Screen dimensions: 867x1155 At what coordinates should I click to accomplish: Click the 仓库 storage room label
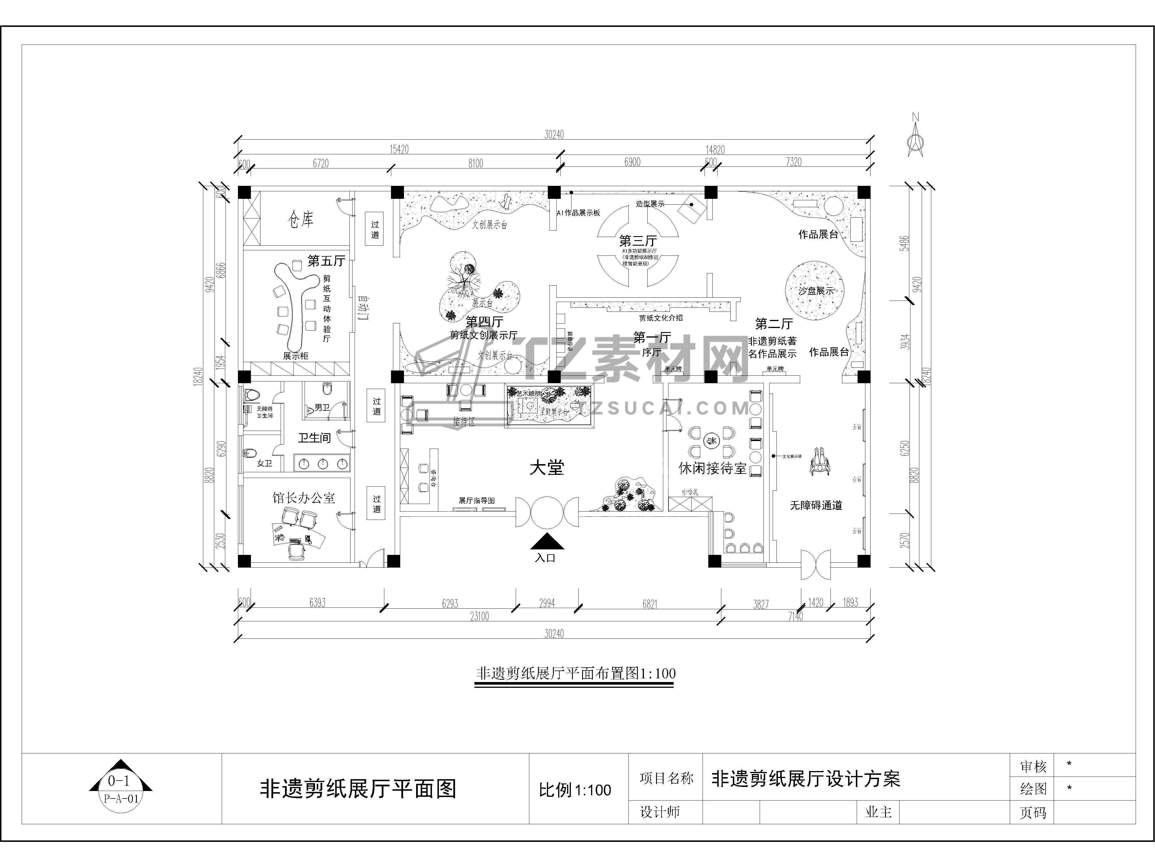(301, 219)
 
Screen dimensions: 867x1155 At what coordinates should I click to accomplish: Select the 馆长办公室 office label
(303, 498)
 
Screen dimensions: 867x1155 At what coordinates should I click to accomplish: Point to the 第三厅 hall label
(638, 241)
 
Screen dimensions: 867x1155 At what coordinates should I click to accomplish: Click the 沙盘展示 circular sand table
(815, 290)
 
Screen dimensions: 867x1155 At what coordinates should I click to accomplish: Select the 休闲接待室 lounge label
(712, 468)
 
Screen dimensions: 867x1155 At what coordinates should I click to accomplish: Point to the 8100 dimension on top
(475, 164)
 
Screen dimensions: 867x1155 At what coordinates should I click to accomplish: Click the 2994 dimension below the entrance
(547, 603)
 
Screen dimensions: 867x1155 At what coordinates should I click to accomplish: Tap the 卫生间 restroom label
(314, 438)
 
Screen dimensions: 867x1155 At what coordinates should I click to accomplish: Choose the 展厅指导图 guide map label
(476, 501)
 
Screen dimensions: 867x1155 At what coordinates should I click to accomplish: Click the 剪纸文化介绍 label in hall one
(661, 318)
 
